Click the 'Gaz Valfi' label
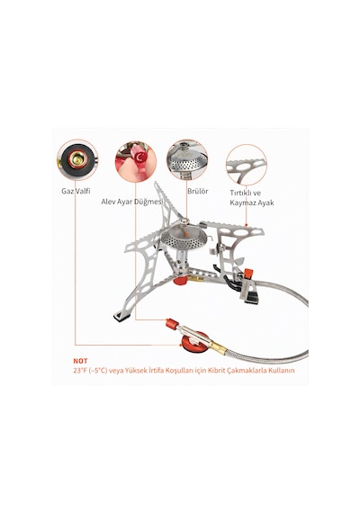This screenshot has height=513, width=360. (x=76, y=191)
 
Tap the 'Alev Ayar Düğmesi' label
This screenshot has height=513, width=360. (x=132, y=202)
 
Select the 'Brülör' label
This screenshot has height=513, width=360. (x=198, y=191)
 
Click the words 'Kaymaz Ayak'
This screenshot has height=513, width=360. (x=252, y=202)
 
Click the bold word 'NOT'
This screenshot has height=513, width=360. (x=80, y=361)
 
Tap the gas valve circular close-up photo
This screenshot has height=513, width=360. (x=77, y=159)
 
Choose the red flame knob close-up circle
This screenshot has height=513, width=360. (x=136, y=161)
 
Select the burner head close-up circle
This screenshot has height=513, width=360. (x=187, y=159)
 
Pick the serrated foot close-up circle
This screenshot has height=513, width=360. (x=247, y=165)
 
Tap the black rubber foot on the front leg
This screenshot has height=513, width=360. (x=121, y=317)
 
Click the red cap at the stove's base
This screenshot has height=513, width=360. (x=180, y=280)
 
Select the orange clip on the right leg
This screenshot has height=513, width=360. (x=248, y=273)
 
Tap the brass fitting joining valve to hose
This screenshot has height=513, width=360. (x=219, y=346)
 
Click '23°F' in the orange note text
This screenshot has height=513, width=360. (x=79, y=371)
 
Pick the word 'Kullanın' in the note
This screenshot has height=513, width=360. (x=282, y=371)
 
